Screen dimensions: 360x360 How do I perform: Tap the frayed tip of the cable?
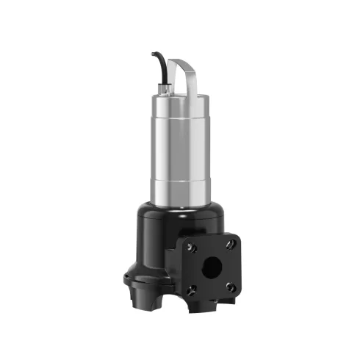pos(154,54)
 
